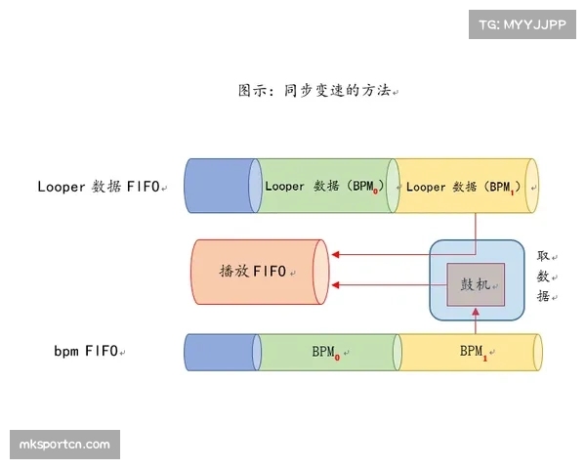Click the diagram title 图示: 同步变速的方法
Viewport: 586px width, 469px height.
coord(316,90)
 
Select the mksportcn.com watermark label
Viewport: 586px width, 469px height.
coord(65,446)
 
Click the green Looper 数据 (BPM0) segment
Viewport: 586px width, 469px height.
coord(322,185)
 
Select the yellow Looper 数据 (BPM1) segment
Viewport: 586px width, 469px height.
coord(463,185)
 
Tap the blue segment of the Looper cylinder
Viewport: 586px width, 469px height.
coord(220,185)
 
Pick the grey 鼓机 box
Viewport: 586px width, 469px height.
coord(476,284)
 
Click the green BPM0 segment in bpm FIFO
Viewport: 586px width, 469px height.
coord(327,351)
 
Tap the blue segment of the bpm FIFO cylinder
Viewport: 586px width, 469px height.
coord(220,351)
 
